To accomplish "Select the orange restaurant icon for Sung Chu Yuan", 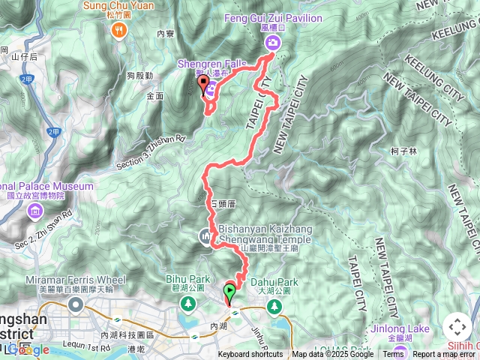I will pos(118,30).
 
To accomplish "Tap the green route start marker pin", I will pos(229,290).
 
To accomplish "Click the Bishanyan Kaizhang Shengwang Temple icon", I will pos(206,237).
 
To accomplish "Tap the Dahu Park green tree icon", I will pos(275,306).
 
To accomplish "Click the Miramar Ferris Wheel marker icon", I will pos(76,304).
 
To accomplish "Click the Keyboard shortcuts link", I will pos(250,355).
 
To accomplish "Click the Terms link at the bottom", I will pos(394,355).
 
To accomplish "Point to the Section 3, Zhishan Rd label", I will pos(151,150).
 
